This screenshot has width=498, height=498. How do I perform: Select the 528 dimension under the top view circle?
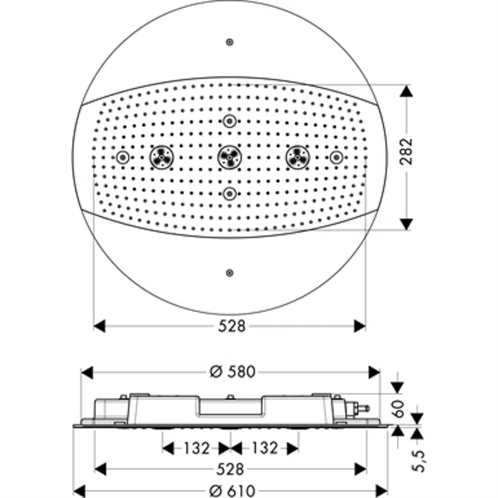coord(230,326)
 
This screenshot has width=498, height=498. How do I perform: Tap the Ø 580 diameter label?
coord(230,373)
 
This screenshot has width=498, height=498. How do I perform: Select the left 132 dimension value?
coord(196,448)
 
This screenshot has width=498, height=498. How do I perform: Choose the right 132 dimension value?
coord(264,448)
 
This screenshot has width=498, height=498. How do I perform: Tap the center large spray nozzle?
coord(230,156)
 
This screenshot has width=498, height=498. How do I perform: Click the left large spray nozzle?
coord(162,156)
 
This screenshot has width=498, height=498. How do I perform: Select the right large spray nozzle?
coord(297,156)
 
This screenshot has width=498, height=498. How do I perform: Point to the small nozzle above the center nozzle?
coord(230,121)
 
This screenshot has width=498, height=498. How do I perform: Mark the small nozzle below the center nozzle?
coord(230,193)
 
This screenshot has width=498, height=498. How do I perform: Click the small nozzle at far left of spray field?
coord(122,157)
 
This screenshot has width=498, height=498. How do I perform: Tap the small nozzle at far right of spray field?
coord(336,157)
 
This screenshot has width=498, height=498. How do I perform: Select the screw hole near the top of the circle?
coord(230,42)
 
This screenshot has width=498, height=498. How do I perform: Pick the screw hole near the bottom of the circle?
coord(230,272)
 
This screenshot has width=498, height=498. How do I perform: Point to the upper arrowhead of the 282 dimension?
coord(405,91)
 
